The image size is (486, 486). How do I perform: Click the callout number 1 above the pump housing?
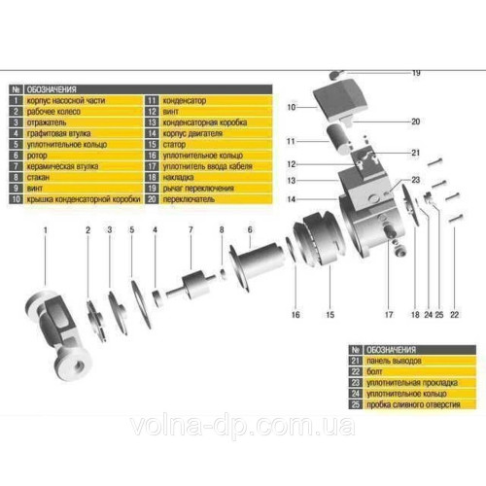pyautogui.click(x=45, y=230)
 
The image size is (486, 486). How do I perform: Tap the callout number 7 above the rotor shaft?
pyautogui.click(x=191, y=230)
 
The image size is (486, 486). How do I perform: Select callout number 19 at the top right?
pyautogui.click(x=415, y=74)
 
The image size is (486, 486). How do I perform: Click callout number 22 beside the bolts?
pyautogui.click(x=454, y=316)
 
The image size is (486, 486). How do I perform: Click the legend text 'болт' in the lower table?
pyautogui.click(x=380, y=370)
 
